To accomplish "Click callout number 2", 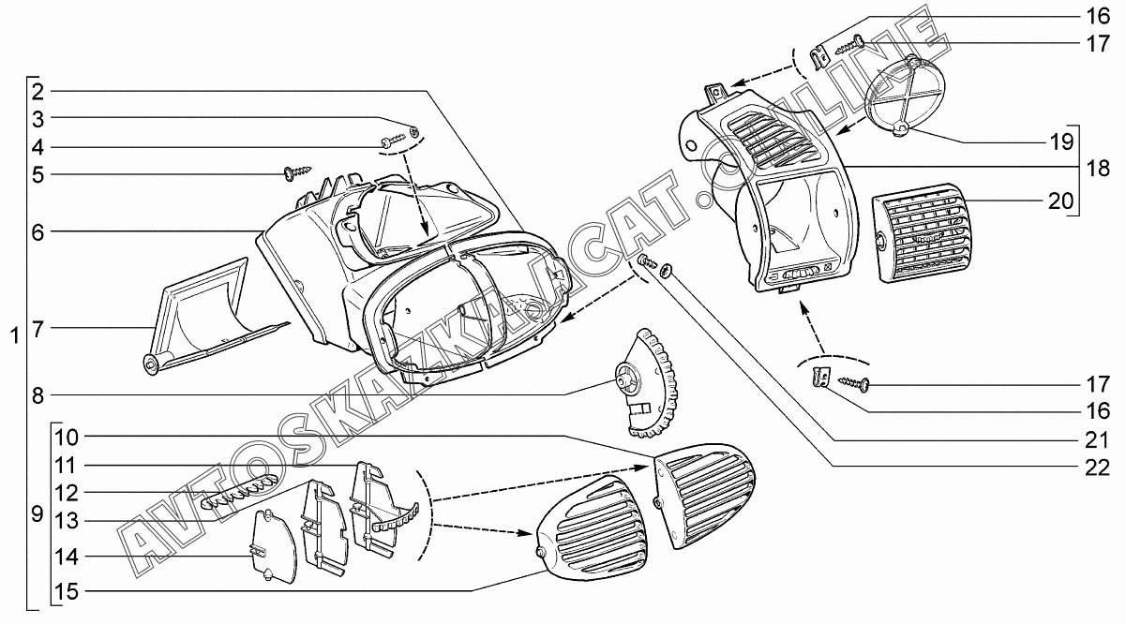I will coord(38,91).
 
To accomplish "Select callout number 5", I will coord(38,174).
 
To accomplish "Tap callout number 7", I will coord(38,328).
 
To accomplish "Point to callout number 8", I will coord(38,395).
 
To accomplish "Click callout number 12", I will coord(66,492).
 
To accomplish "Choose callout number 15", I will coord(66,591).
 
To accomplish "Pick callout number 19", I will coord(1059,143).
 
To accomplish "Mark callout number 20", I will coord(1059,201).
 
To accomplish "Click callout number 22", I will coord(1097,465).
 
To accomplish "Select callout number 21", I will coord(1097,438).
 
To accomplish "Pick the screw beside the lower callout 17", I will coord(855,382).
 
